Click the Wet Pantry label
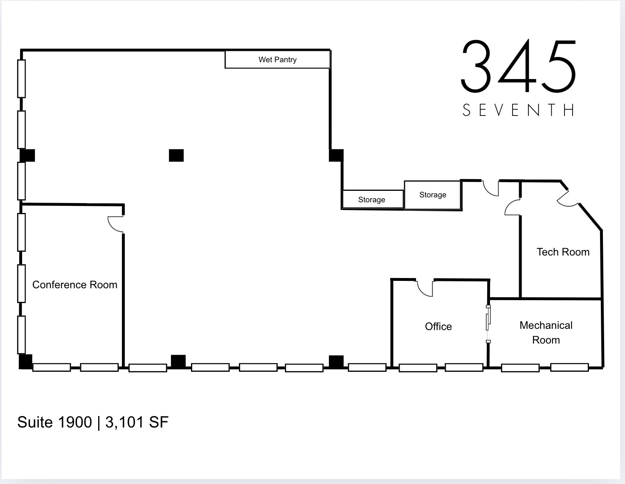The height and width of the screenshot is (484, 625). [x=277, y=60]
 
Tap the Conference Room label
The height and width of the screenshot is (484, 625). [x=75, y=285]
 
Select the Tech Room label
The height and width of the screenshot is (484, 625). [x=563, y=252]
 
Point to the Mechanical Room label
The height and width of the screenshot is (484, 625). [x=546, y=332]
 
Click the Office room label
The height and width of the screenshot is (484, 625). [x=438, y=326]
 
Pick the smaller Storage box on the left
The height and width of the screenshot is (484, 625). [x=372, y=200]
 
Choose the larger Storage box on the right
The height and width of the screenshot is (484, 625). [x=433, y=195]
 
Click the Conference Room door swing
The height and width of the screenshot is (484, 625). [x=115, y=224]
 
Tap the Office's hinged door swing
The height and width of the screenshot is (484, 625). [x=425, y=287]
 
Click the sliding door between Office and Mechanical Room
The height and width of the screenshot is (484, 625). [x=488, y=323]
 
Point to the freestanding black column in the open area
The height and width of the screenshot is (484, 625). [x=176, y=156]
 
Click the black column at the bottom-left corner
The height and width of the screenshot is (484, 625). [x=25, y=362]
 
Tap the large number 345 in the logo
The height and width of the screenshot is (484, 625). [x=519, y=66]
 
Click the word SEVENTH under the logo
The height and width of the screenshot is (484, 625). [x=519, y=110]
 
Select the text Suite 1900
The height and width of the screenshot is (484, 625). [x=54, y=422]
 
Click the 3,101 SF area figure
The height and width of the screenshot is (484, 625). [x=137, y=422]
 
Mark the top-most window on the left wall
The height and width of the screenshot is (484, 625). [x=21, y=79]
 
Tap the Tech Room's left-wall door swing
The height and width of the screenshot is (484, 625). [x=513, y=207]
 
